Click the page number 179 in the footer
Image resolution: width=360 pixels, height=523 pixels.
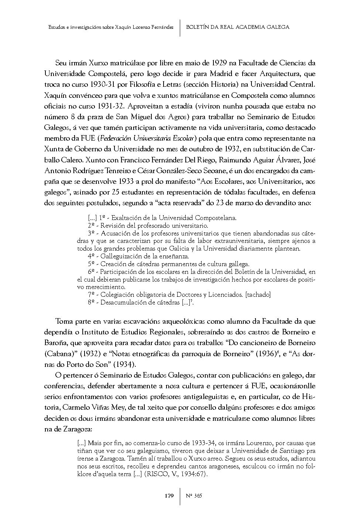169,496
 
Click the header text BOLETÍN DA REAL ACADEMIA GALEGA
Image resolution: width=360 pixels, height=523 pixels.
237,27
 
